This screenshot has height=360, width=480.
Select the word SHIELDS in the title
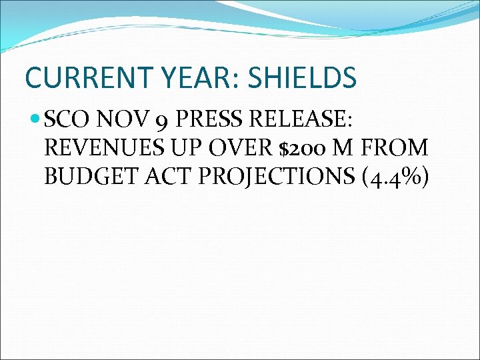tap(302, 78)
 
